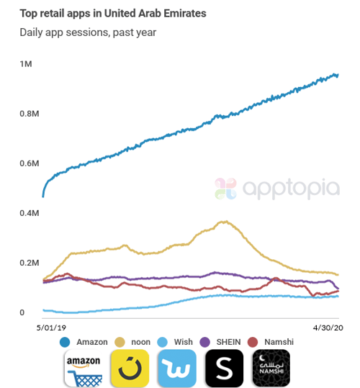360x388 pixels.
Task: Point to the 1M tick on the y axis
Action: click(x=26, y=65)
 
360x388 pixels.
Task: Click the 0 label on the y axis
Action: click(x=23, y=313)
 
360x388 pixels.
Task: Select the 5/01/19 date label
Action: click(x=50, y=326)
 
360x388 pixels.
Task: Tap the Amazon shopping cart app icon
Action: click(x=83, y=369)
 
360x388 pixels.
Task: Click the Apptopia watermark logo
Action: click(x=277, y=189)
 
